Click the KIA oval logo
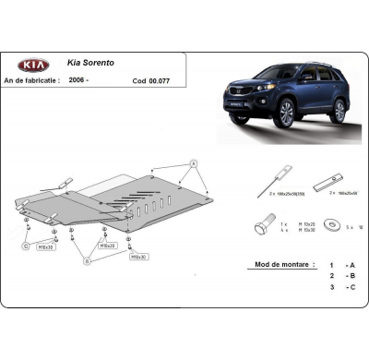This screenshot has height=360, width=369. [32, 66]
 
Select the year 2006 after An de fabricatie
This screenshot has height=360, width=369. [80, 80]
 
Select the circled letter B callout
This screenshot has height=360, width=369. [88, 260]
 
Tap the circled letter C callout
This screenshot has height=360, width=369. [27, 246]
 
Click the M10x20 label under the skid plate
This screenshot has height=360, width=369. [108, 246]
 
